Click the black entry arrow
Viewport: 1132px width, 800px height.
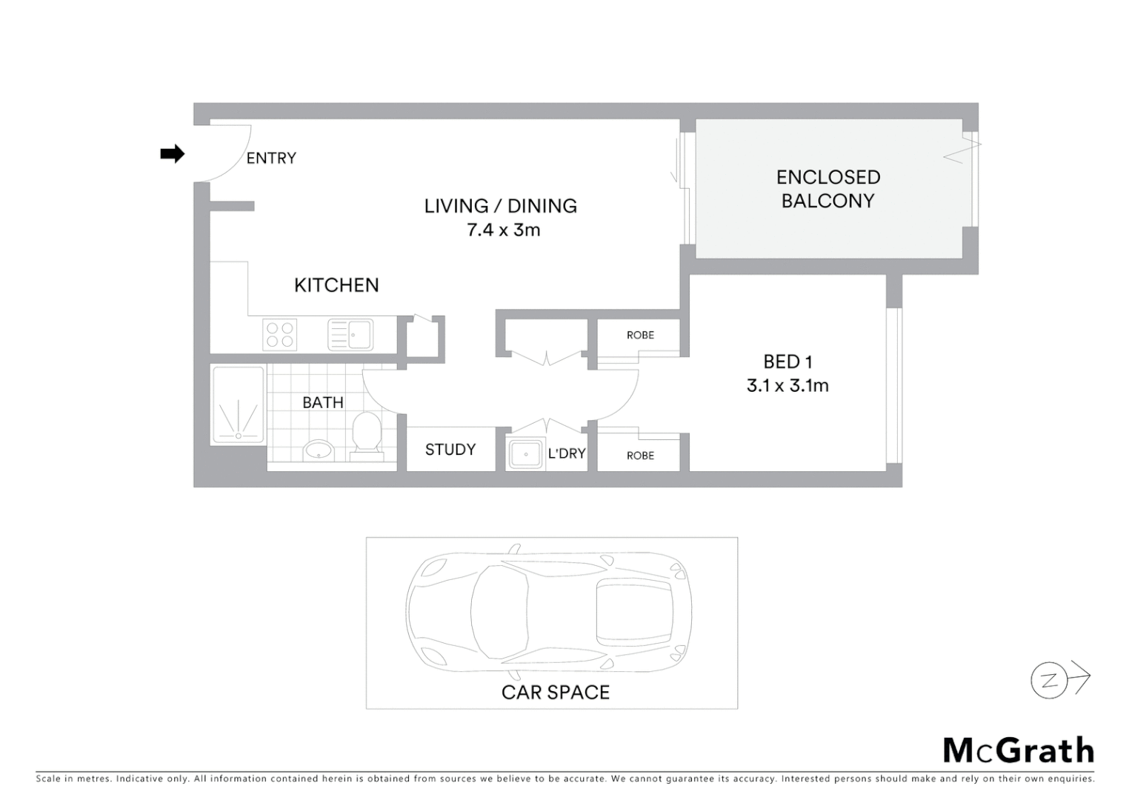(172, 154)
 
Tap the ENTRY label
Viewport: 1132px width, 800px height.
(271, 158)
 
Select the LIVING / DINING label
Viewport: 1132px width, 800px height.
(500, 206)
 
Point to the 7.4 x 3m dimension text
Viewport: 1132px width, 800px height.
(503, 230)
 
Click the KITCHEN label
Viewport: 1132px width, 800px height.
(336, 285)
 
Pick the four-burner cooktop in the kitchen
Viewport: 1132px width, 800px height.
(280, 334)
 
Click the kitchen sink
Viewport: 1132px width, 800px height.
(351, 335)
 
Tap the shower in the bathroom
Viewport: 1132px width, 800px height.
(239, 405)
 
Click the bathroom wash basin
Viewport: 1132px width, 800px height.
(319, 449)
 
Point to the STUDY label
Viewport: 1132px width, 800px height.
(450, 450)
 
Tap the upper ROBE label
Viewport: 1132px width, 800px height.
(640, 335)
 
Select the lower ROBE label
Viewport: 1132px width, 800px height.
(640, 456)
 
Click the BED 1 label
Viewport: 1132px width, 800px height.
(788, 361)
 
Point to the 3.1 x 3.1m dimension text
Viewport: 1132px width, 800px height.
(788, 385)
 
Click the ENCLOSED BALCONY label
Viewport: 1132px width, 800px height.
(828, 189)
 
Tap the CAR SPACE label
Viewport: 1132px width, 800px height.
(555, 692)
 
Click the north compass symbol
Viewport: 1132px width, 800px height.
(1051, 681)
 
